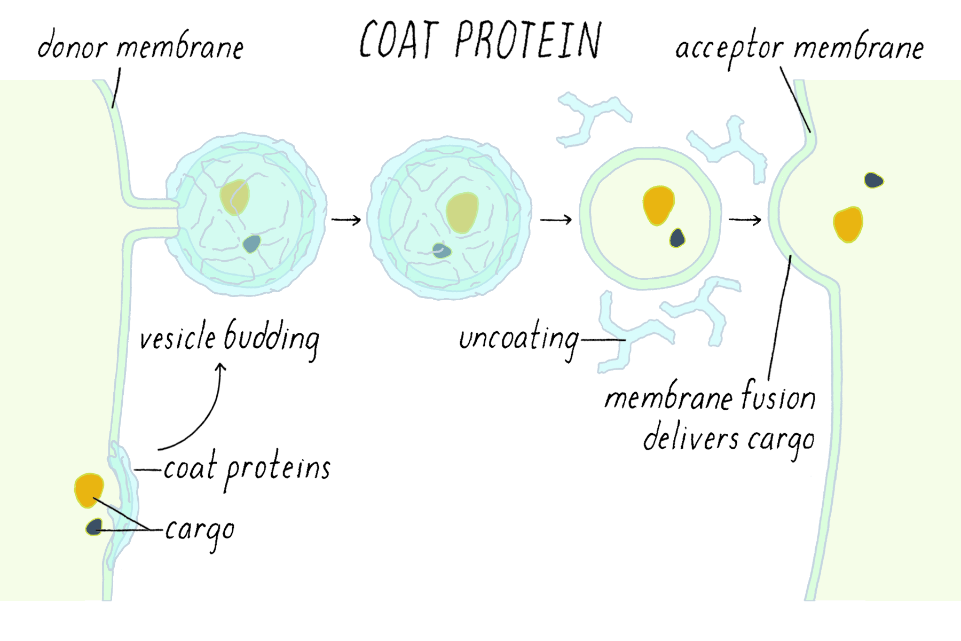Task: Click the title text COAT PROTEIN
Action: [480, 40]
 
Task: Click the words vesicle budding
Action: [230, 338]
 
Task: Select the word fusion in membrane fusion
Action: [778, 398]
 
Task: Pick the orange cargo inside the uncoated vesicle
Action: [658, 205]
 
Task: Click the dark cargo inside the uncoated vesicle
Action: [678, 238]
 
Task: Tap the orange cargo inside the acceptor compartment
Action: [847, 224]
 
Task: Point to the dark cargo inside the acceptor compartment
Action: [873, 180]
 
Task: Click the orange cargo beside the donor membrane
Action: [89, 489]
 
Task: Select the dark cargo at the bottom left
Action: [94, 527]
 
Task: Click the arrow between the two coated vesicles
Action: [346, 220]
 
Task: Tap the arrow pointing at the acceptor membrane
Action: [745, 220]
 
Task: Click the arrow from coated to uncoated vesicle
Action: [556, 220]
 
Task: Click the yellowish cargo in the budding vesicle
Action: [234, 197]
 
